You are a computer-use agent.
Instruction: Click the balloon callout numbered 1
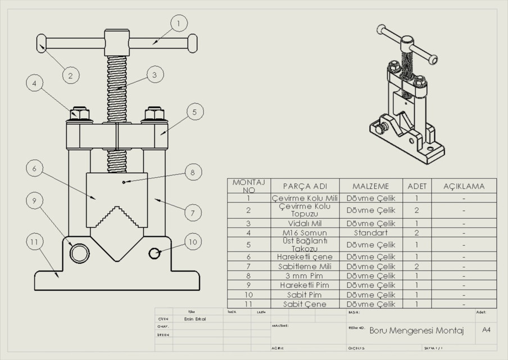(178, 23)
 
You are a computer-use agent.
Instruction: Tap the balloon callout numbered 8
(192, 172)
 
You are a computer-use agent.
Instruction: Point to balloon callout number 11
(35, 242)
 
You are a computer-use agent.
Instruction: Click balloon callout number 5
(194, 112)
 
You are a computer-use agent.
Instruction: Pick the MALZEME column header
(370, 186)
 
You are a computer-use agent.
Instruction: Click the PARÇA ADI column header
(305, 186)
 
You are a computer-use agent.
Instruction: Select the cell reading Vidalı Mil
(305, 223)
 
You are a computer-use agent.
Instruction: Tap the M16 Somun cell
(305, 232)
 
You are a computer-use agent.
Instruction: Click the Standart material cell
(370, 232)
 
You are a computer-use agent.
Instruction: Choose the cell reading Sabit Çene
(305, 304)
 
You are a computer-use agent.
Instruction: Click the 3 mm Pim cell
(305, 276)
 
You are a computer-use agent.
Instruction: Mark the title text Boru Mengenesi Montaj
(416, 331)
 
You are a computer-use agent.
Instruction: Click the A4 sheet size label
(486, 330)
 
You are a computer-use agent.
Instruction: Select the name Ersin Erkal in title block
(195, 318)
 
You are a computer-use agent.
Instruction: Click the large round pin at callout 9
(79, 253)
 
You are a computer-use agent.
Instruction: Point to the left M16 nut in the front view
(79, 115)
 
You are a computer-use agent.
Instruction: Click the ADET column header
(416, 186)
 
